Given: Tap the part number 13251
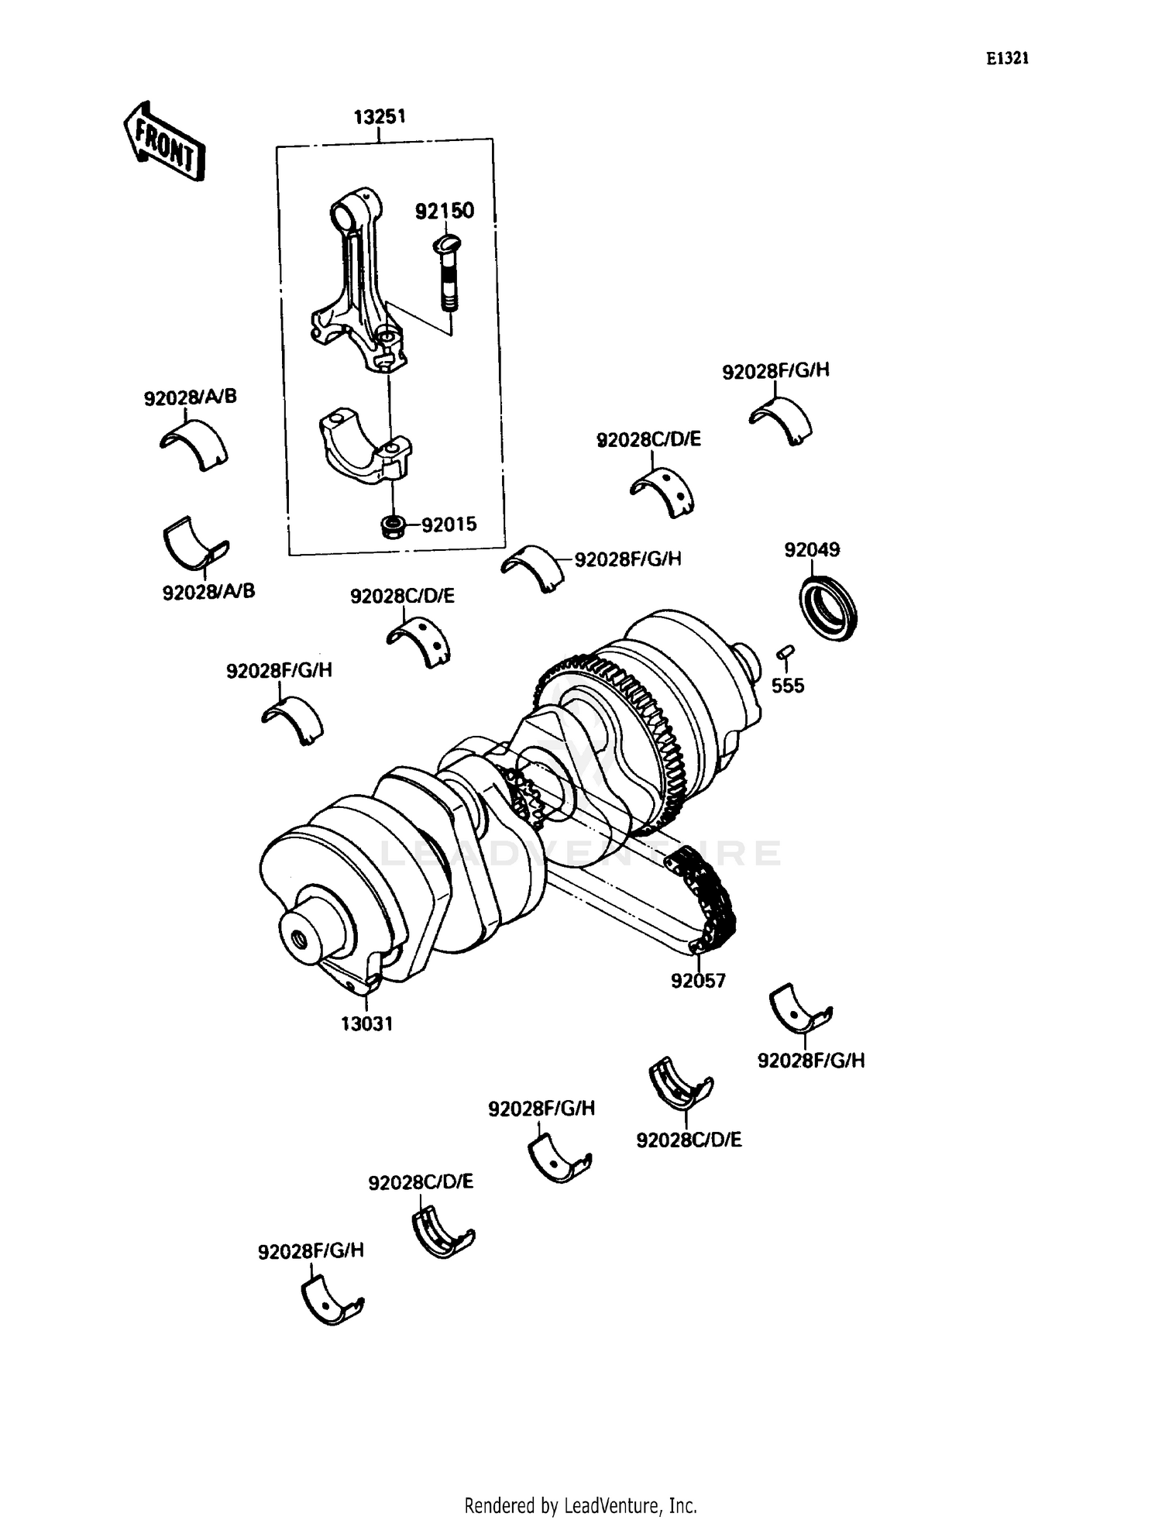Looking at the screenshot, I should pos(380,117).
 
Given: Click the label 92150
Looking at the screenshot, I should pos(445,211).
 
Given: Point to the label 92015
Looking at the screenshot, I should pos(449,524).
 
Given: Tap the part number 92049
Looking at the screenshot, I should pos(812,549).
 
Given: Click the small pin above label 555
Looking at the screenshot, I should pos(784,652).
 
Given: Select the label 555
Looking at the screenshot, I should pos(787,686).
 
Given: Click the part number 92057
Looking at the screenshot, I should pos(698,981).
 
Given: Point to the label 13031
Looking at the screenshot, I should pos(367,1023).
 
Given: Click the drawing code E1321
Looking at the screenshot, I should pos(1007,59).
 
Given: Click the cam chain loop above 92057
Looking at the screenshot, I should pos(701,899).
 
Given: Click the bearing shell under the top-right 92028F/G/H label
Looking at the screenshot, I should pos(781,421).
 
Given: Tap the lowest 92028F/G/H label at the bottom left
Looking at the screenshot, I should pos(311,1250).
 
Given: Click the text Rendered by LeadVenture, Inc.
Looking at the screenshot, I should pos(580,1505).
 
